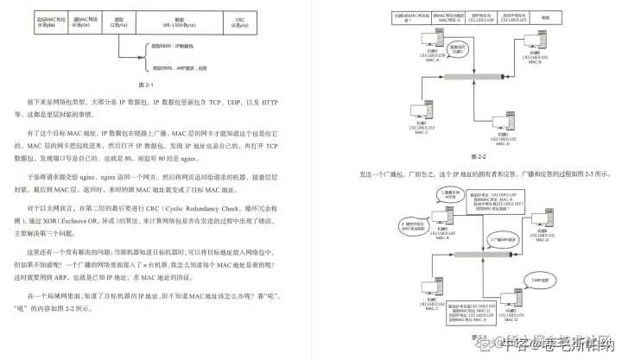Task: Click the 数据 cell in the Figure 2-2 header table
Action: (569, 16)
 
